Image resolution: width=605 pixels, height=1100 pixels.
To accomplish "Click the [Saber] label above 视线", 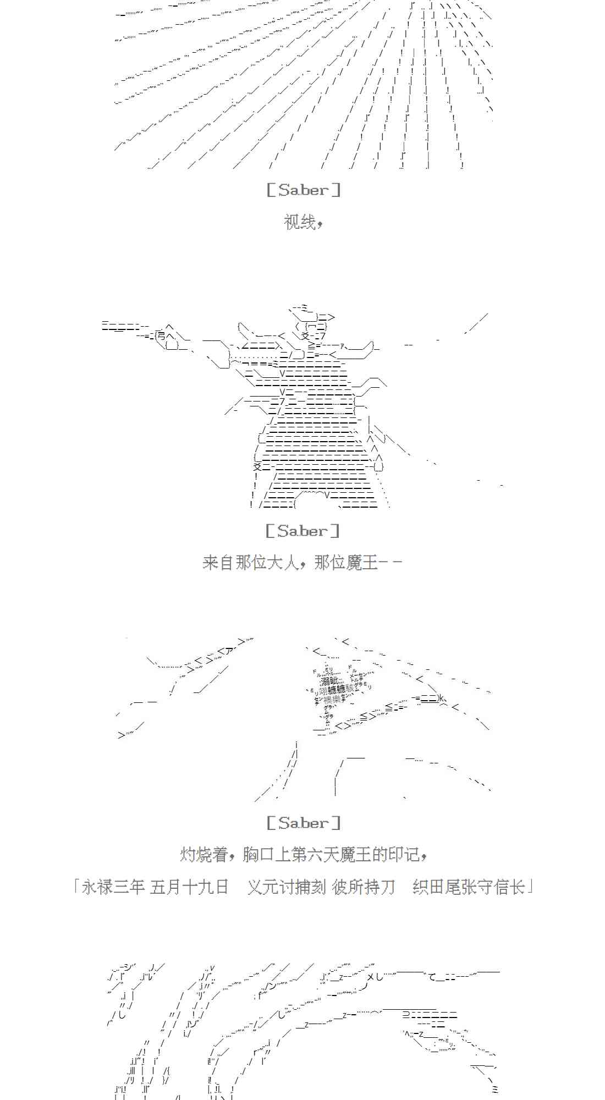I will coord(303,190).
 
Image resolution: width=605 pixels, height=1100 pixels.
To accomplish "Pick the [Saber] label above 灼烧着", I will coord(303,823).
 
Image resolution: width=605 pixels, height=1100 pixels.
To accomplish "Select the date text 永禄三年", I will coord(113,887).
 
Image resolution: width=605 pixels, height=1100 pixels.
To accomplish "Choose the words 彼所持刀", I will coord(364,887).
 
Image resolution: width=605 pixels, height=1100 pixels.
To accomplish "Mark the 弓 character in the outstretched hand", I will coord(161,335).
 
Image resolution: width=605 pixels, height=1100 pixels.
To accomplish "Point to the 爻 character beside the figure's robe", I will coord(257,467).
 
